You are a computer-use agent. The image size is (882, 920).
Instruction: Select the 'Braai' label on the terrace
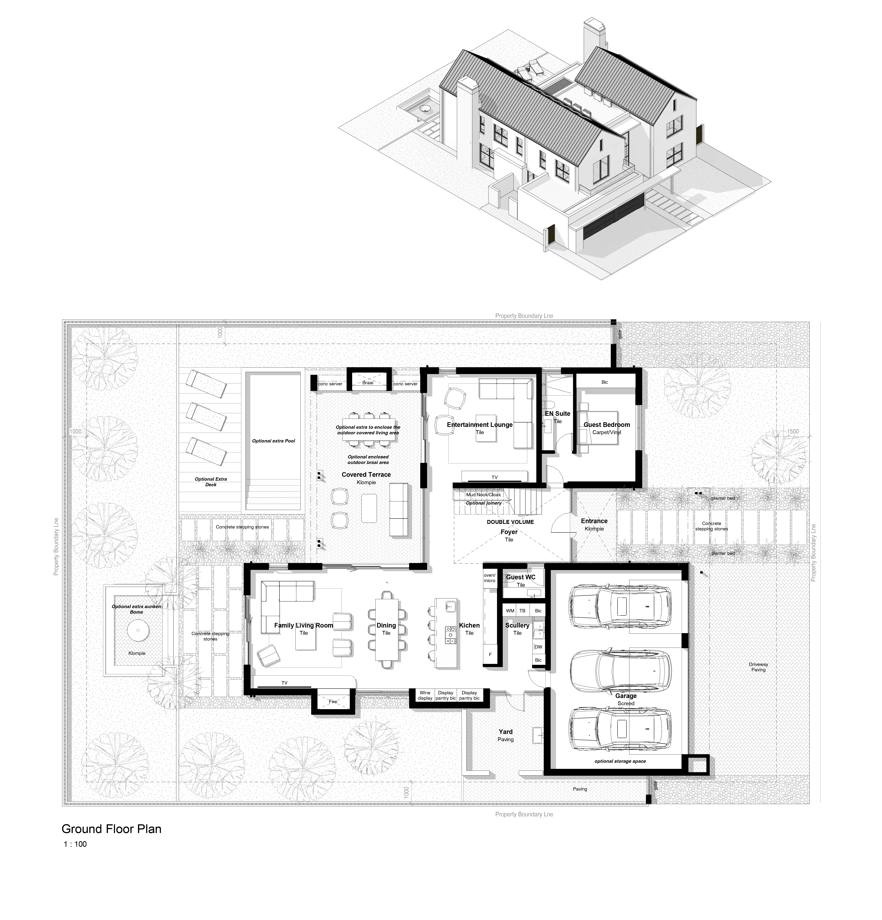coord(368,383)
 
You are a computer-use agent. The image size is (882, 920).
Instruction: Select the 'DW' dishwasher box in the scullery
coord(538,646)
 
